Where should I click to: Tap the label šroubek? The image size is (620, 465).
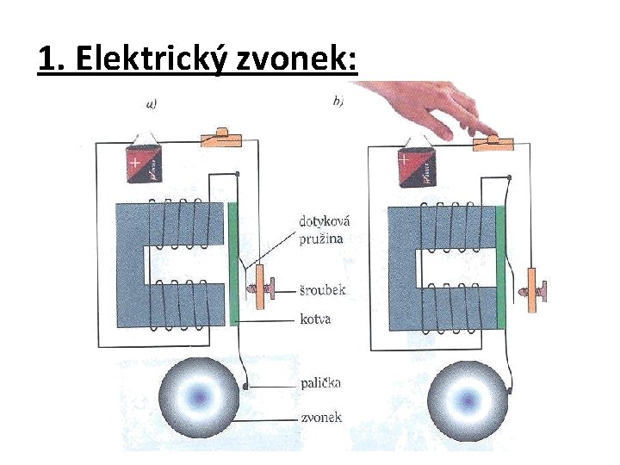tap(323, 289)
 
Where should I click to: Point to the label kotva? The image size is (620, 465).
tap(316, 319)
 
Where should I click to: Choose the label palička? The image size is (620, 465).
tap(320, 381)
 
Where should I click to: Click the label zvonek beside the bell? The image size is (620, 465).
tap(320, 418)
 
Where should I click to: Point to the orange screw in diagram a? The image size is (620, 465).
tap(262, 291)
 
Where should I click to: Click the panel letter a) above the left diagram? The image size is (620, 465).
tap(152, 104)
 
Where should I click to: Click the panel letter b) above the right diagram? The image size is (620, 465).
tap(338, 102)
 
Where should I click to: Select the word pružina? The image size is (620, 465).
tap(318, 238)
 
